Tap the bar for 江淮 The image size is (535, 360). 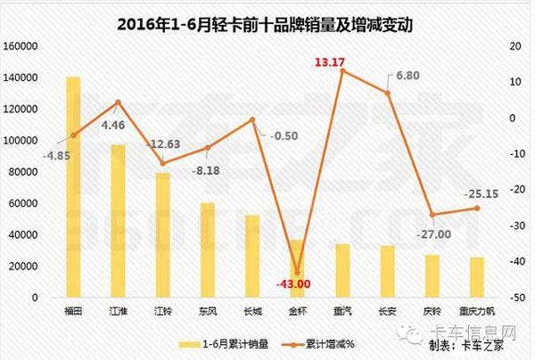[x=118, y=220]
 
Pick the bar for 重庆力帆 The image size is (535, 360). [x=476, y=277]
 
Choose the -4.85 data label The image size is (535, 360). [x=56, y=152]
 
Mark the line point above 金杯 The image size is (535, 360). [x=298, y=272]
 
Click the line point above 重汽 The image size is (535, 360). [x=342, y=70]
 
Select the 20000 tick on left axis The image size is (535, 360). [x=21, y=266]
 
